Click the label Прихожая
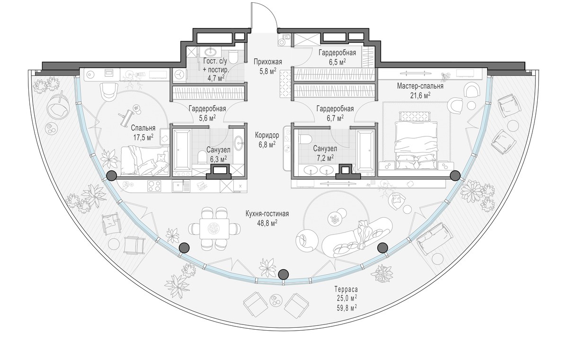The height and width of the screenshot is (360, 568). coord(268,62)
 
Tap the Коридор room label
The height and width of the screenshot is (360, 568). coord(267,135)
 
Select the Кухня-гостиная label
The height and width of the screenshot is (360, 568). coord(267,214)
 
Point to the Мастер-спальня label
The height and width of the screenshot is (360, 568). coord(420,86)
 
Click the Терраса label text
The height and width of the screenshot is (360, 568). coord(346,289)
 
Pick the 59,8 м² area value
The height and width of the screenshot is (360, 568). coord(346,307)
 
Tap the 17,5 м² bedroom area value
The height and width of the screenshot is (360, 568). coord(143,137)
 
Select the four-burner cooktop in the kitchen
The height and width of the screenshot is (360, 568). coord(154,186)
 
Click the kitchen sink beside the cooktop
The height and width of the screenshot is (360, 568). coord(180,186)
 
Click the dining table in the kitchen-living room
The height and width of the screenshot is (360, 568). coord(214,229)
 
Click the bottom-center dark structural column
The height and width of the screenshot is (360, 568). coord(284,274)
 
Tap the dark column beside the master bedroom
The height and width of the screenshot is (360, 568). coord(455,176)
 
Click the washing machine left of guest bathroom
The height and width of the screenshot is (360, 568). coord(180,75)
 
